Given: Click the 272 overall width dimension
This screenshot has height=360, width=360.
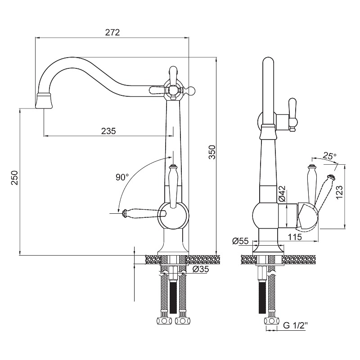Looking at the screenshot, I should coord(112,32).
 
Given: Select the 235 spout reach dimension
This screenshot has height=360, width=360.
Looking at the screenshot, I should coord(108,131).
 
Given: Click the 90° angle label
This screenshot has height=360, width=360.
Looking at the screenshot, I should coord(121,177).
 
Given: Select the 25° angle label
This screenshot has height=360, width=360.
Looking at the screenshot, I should coord(329,157).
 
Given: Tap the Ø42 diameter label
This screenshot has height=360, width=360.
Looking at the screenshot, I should coord(281,193).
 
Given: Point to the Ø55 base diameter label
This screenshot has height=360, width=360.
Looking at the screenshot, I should coord(241,241).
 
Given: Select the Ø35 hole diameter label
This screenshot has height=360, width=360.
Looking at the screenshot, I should coord(201,270).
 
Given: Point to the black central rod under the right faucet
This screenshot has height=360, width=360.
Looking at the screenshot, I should coord(261,297).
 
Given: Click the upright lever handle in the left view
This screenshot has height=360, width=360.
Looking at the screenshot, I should coord(173,184).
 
